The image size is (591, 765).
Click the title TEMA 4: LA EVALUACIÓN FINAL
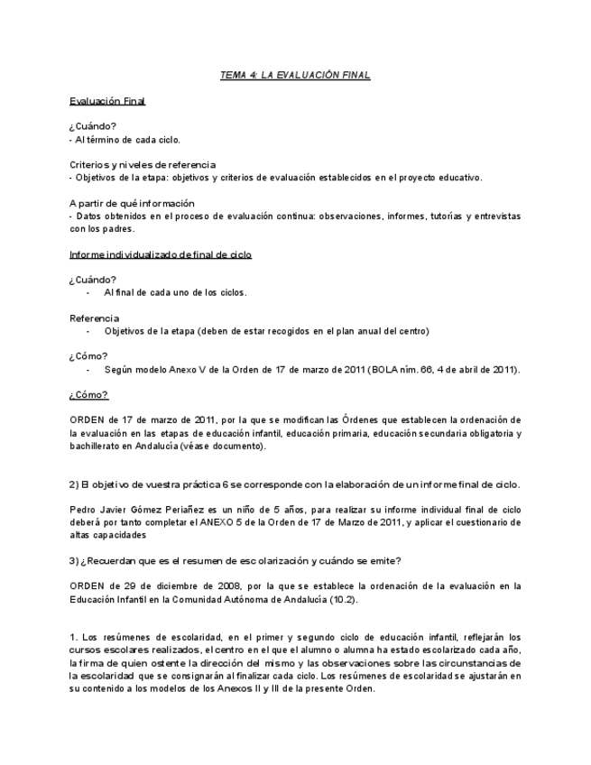click(x=295, y=75)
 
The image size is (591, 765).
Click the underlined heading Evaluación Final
click(x=107, y=101)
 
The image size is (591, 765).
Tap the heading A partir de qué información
click(x=132, y=204)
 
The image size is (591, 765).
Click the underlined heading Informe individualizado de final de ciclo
click(x=161, y=254)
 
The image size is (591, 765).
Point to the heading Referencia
click(x=94, y=318)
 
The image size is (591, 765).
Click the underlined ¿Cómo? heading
click(x=88, y=395)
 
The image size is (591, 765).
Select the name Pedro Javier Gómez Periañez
click(x=137, y=510)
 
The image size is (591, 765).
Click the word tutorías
click(x=443, y=217)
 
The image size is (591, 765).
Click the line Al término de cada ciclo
click(x=126, y=140)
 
